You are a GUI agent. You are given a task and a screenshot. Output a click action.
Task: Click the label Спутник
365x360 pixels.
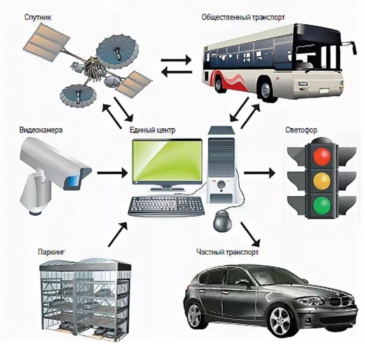point(37,18)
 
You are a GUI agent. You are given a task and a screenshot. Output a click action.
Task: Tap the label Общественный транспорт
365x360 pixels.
point(243,18)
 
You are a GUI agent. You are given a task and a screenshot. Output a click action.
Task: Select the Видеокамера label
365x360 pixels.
point(41,130)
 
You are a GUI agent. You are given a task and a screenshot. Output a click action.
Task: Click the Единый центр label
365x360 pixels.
point(152,130)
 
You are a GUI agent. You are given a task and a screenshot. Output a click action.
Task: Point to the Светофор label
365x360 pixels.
point(301,130)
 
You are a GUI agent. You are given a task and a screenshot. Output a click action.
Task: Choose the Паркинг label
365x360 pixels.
point(52,252)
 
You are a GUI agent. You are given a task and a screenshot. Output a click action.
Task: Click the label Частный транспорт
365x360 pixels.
point(227,252)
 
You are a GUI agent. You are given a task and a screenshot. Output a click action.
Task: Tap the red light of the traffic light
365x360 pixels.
point(322,156)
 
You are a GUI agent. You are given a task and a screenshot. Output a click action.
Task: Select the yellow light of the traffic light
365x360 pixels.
point(322,181)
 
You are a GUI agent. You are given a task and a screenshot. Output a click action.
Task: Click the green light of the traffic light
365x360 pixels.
point(322,206)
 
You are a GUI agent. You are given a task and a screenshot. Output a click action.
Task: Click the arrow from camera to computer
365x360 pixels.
point(112,173)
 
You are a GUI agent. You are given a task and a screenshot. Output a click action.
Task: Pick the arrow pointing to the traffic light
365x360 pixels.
point(259,173)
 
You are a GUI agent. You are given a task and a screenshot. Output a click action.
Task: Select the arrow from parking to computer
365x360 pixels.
point(118,234)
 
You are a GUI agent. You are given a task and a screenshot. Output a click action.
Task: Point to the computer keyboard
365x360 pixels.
point(167,206)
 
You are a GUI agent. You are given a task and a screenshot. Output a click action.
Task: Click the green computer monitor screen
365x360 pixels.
point(168,161)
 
